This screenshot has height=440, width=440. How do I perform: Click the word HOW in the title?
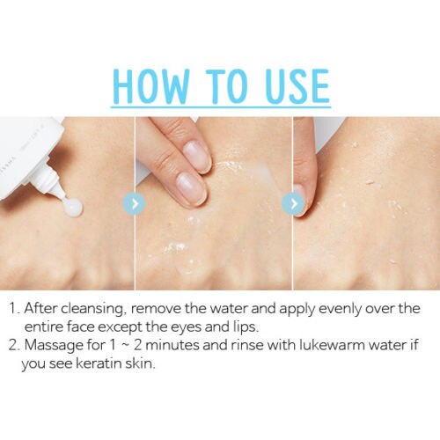[150, 86]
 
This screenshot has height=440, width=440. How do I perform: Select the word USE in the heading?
[297, 86]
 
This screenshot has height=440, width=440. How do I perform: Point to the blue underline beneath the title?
[221, 106]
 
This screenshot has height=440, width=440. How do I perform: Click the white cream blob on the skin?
[74, 208]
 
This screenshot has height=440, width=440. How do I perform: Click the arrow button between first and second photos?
[134, 203]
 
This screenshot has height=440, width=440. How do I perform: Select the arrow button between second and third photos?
[293, 203]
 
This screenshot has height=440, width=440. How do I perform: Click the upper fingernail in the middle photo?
[197, 156]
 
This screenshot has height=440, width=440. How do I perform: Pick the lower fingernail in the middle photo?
[192, 188]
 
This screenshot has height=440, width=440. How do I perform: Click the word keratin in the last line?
[99, 363]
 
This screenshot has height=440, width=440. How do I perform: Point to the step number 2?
[14, 345]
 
